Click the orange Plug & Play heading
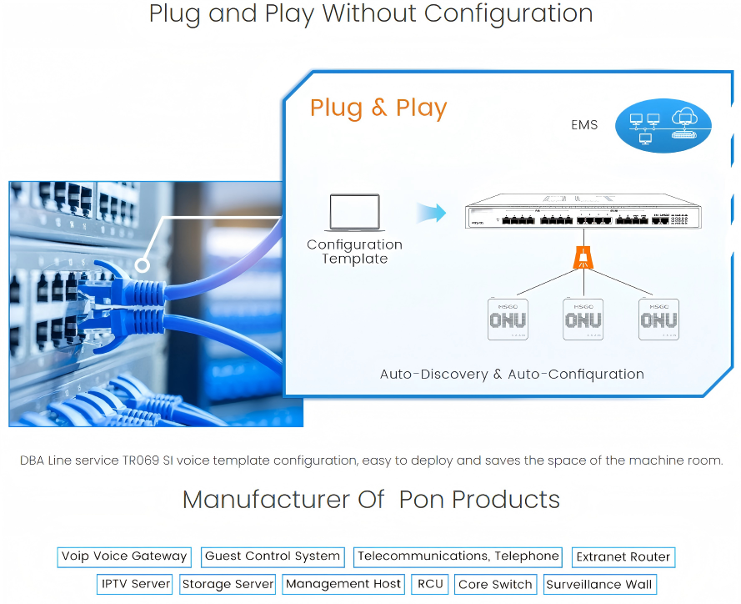tap(378, 108)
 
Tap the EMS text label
tap(584, 125)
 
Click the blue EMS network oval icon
tap(663, 128)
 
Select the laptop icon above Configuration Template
tap(354, 213)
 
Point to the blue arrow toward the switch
tap(431, 214)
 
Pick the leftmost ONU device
tap(508, 318)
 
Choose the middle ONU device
tap(583, 318)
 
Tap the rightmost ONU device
tap(658, 318)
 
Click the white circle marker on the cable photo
tap(143, 265)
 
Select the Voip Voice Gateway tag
tap(124, 556)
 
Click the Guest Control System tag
tap(273, 556)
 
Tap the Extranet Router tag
tap(623, 557)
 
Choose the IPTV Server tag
tap(136, 584)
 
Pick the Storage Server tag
tap(228, 584)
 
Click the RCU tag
tap(430, 584)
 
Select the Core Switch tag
tap(495, 584)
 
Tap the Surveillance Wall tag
tap(598, 584)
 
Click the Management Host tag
tap(343, 584)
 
